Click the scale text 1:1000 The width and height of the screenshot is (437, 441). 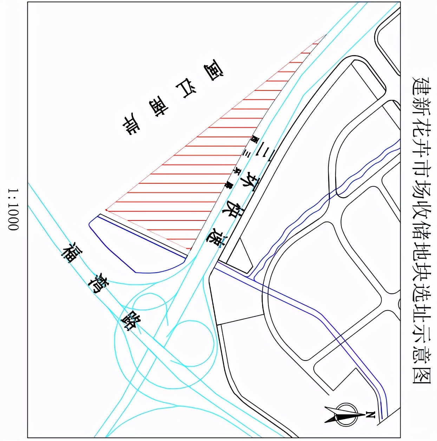coord(13,209)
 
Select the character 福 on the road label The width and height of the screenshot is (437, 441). coord(70,253)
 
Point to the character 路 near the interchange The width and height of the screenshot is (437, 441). coord(130,320)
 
